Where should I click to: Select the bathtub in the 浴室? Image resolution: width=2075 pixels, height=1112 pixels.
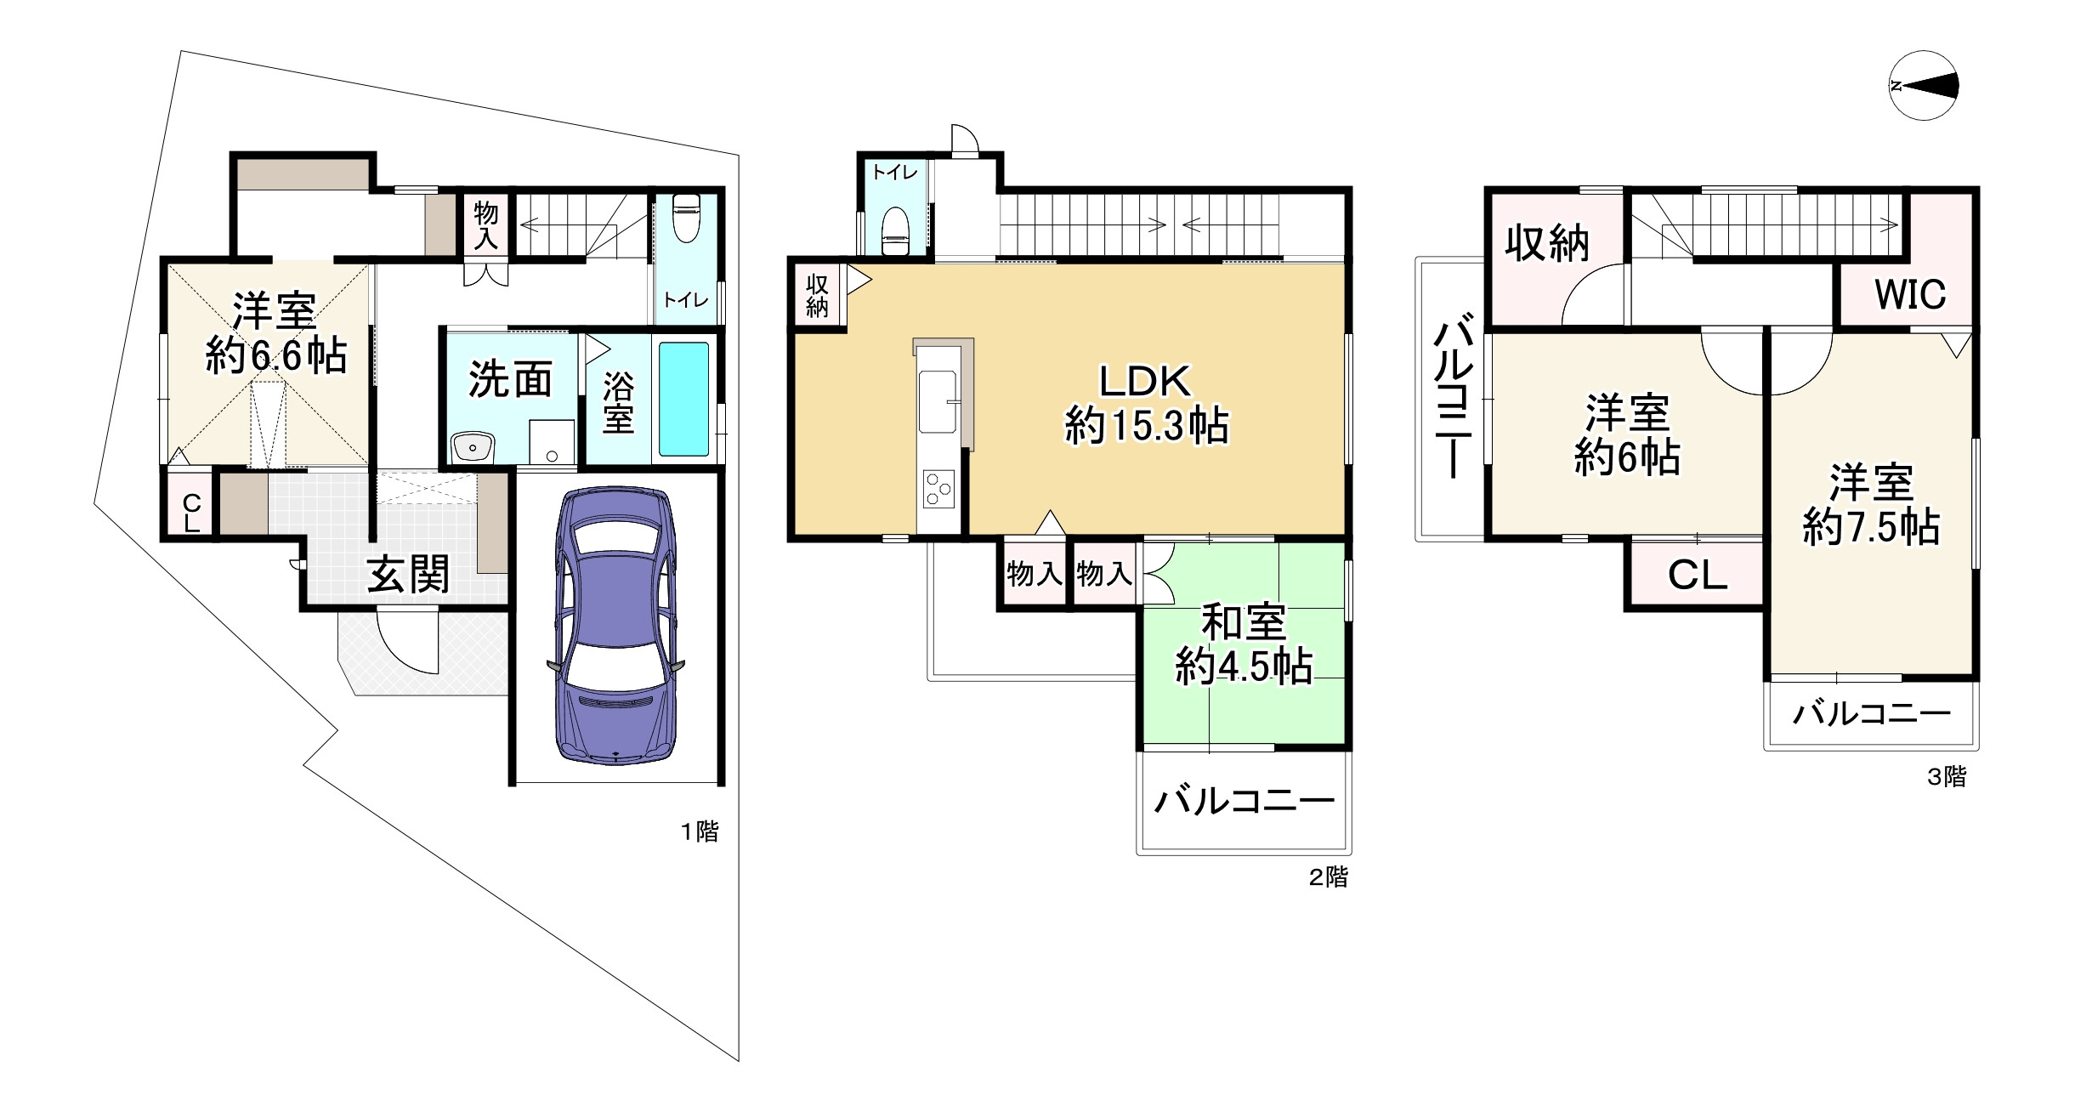[x=683, y=400]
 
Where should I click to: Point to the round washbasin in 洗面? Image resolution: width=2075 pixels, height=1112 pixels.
[x=473, y=445]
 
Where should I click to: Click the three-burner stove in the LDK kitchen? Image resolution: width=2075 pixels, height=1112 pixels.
[x=938, y=490]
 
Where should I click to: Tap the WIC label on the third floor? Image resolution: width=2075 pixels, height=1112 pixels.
[x=1910, y=294]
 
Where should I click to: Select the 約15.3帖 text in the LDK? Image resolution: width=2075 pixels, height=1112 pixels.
[x=1146, y=426]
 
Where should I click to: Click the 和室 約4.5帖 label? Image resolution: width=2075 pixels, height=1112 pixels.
[x=1243, y=645]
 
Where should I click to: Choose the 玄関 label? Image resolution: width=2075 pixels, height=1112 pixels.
[x=408, y=576]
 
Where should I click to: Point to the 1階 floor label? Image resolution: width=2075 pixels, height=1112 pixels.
[x=699, y=831]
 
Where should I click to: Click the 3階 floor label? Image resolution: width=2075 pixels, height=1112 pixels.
[x=1946, y=776]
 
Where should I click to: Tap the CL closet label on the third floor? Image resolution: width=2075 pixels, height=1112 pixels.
[x=1697, y=576]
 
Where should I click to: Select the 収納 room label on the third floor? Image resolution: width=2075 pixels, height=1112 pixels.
[x=1546, y=245]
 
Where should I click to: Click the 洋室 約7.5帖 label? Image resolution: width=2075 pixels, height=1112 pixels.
[x=1871, y=505]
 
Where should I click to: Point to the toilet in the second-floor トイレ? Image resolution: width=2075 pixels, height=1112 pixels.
[x=895, y=229]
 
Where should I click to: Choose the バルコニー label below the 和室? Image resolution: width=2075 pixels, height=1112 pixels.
[x=1244, y=801]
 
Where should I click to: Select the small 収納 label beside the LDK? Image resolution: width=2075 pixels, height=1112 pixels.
[x=817, y=295]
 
